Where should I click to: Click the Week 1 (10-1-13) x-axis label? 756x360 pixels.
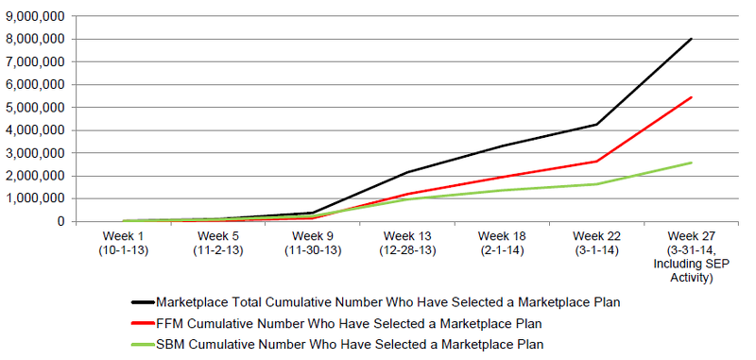coord(123,241)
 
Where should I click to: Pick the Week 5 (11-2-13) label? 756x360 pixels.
coord(217,241)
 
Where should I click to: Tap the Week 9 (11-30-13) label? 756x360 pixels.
coord(312,241)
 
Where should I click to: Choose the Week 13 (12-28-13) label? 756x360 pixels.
coord(407,241)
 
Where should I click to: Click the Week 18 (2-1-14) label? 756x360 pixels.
coord(502,241)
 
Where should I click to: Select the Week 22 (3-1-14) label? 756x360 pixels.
coord(596,241)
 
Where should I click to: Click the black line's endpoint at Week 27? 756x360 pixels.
coord(692,39)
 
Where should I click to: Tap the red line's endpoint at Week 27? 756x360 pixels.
coord(692,97)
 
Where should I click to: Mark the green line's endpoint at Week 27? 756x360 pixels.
coord(692,163)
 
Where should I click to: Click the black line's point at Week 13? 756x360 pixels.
coord(407,172)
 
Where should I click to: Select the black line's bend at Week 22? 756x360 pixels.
coord(596,124)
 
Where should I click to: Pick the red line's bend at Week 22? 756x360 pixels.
coord(596,161)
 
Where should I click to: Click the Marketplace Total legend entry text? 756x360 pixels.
coord(388,301)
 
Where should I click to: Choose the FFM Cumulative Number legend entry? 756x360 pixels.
coord(350,323)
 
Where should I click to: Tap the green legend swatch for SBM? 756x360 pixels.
coord(142,344)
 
